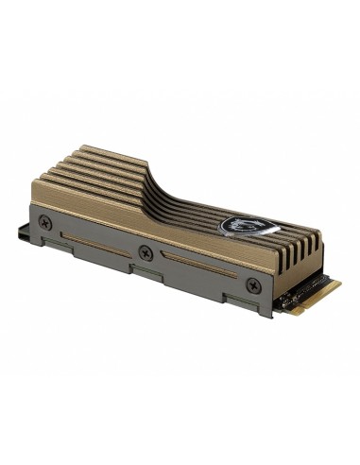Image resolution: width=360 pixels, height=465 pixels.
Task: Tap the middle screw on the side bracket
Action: tap(145, 252)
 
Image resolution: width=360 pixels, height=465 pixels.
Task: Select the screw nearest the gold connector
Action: tap(251, 284)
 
